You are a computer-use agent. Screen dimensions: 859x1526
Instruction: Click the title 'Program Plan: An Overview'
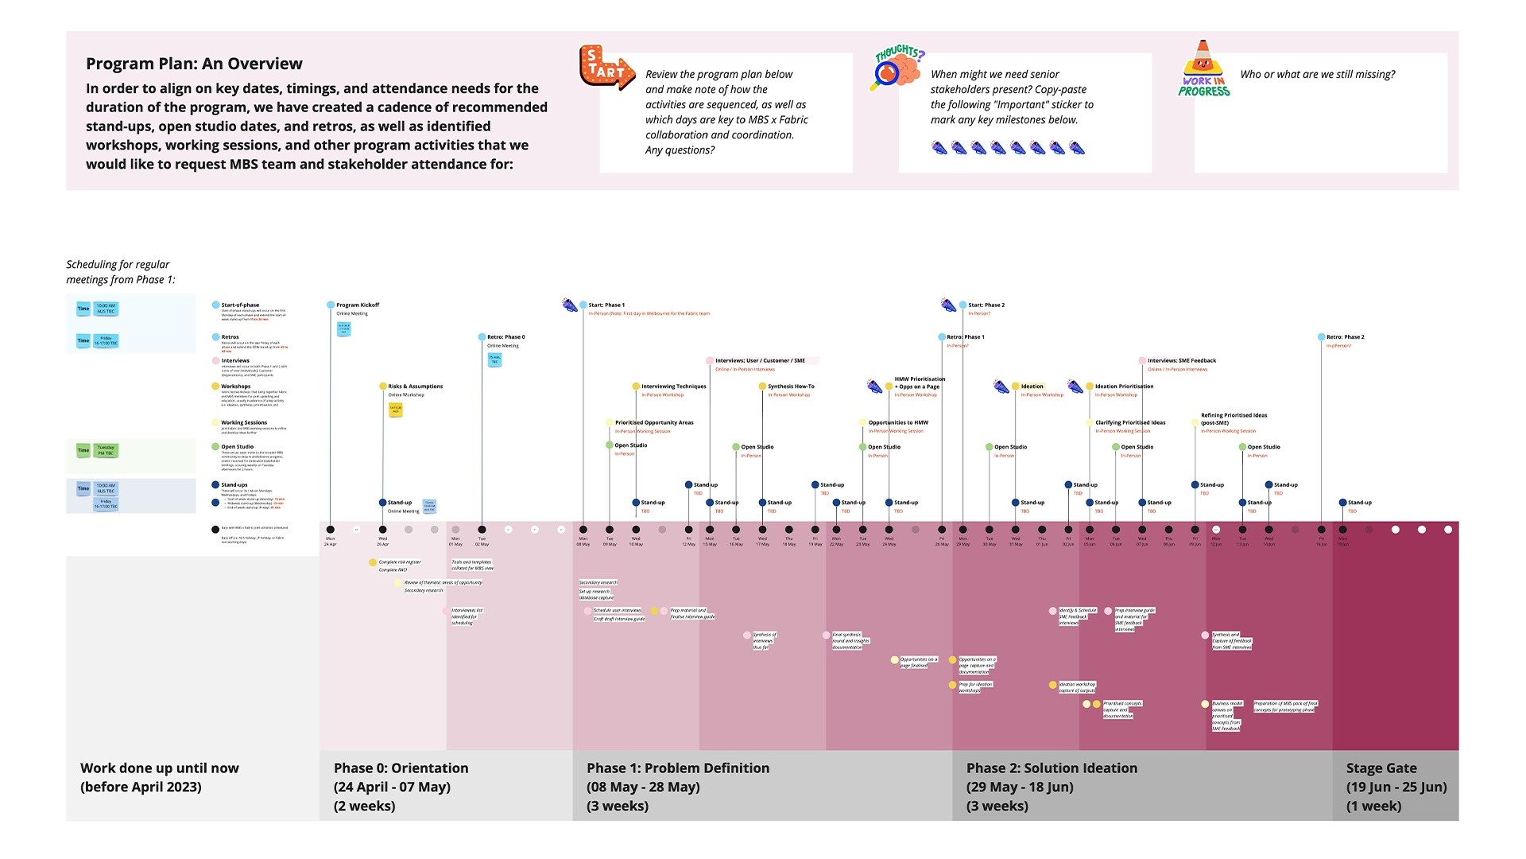194,64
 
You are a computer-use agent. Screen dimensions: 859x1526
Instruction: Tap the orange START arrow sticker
606,68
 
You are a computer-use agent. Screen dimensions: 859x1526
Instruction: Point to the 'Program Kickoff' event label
358,305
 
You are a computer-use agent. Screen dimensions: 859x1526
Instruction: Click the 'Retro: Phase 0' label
505,337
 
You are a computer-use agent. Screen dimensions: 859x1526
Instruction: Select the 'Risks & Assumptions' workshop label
415,387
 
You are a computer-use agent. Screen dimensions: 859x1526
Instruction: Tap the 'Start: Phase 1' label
606,305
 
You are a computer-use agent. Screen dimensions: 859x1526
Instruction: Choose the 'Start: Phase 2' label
986,305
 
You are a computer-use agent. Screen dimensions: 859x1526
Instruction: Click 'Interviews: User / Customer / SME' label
760,361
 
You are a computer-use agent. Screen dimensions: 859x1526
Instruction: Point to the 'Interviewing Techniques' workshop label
673,387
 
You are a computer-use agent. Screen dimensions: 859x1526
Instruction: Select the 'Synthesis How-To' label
791,387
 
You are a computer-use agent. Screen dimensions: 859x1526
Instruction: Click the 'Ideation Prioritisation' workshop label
1124,387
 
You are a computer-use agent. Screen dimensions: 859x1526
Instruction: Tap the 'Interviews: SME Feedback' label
1182,361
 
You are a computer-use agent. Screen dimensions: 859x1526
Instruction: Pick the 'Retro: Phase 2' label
1345,337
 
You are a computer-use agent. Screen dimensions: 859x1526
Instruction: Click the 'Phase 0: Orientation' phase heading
401,768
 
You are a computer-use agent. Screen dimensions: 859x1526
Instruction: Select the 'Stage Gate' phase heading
1381,768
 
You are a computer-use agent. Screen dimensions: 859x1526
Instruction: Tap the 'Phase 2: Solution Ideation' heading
1052,768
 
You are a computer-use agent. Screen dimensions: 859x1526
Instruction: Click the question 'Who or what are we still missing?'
1317,75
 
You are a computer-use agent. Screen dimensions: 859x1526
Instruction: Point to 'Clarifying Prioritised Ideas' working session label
1130,423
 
